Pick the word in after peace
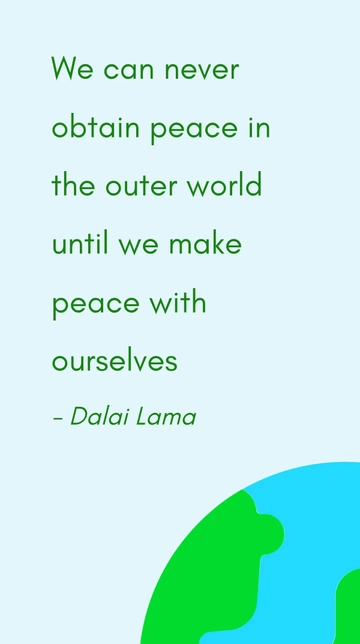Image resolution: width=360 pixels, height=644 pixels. tap(258, 128)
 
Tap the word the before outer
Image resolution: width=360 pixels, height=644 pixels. tap(73, 186)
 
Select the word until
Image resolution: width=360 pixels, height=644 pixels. tap(78, 243)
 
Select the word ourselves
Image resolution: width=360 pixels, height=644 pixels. tap(114, 360)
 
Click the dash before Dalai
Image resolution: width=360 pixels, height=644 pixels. tap(57, 418)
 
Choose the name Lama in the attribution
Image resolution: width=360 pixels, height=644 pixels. tap(169, 416)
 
